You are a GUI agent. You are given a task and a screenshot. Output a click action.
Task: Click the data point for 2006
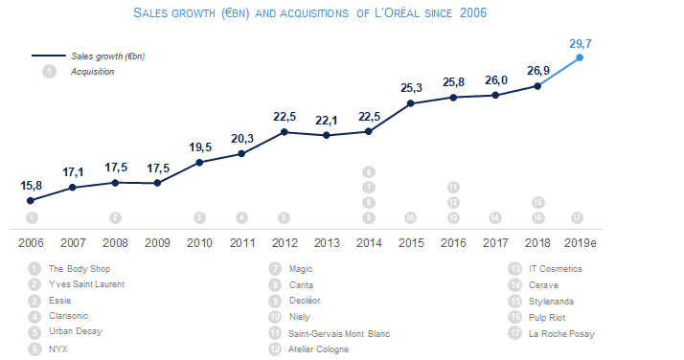click(31, 200)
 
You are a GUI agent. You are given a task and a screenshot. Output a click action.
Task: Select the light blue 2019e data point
click(580, 58)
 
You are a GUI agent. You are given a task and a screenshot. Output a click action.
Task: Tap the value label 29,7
click(580, 43)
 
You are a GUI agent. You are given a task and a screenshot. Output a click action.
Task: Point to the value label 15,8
click(31, 185)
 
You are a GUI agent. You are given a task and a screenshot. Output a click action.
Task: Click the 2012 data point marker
click(284, 131)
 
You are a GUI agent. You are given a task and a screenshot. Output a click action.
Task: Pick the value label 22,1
click(327, 120)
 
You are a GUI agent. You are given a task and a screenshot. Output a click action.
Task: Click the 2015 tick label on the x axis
click(411, 242)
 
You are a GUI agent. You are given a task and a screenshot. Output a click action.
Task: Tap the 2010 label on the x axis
click(199, 242)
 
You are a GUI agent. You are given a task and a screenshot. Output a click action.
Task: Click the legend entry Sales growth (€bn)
click(107, 56)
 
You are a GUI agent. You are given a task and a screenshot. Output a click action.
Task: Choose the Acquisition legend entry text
click(92, 71)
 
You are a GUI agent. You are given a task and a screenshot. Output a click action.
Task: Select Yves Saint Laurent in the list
click(86, 284)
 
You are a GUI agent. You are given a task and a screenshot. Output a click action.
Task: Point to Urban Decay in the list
click(75, 332)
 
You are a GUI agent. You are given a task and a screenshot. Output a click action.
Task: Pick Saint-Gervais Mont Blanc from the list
click(339, 333)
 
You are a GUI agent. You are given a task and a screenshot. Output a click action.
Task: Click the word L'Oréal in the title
click(395, 13)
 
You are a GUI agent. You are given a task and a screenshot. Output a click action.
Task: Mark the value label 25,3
click(411, 88)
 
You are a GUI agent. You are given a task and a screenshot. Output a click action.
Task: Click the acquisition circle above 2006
click(32, 217)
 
